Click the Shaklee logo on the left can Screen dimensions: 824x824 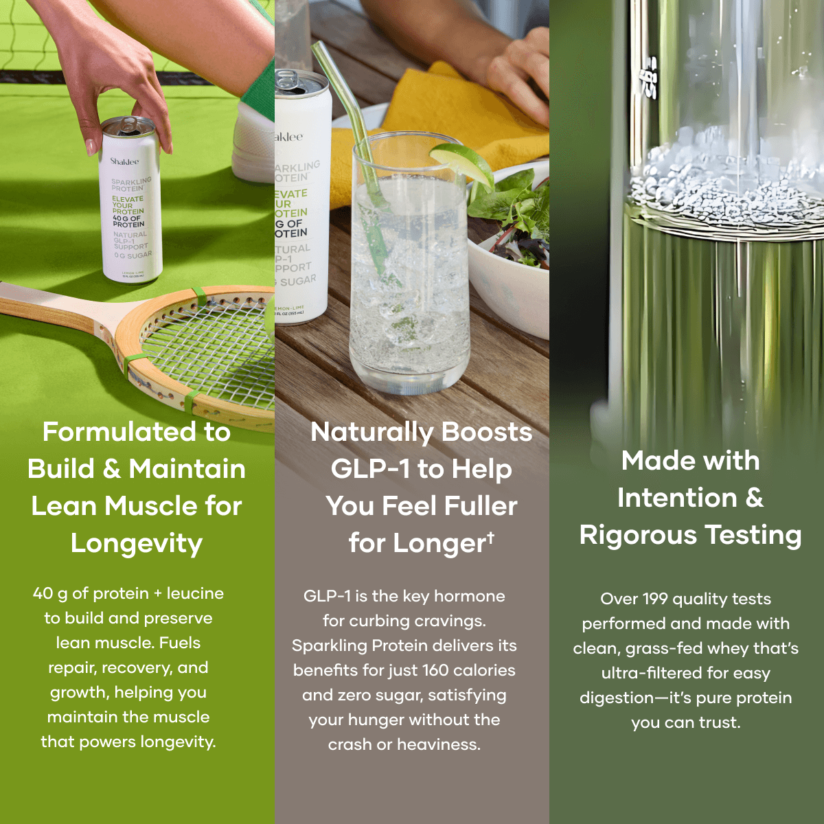[x=124, y=161]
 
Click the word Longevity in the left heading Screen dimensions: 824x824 [x=137, y=543]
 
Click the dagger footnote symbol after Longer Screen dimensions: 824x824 [x=490, y=536]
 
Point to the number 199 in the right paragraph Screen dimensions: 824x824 [x=655, y=599]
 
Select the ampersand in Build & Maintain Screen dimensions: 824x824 [x=111, y=469]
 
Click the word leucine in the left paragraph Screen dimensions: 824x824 [x=195, y=593]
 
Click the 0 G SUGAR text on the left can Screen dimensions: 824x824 [x=134, y=255]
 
